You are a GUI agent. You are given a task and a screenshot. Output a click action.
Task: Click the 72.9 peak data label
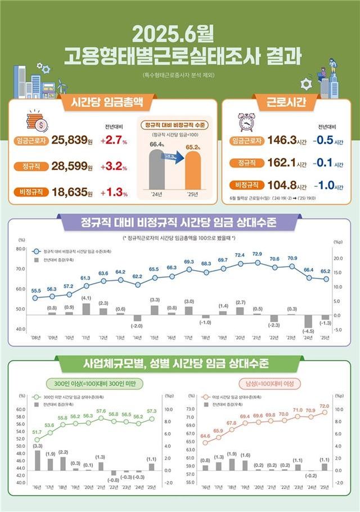point(258,254)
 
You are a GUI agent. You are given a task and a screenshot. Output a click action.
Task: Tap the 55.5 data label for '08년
point(36,290)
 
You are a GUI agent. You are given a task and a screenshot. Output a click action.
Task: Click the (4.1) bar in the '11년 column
point(86,309)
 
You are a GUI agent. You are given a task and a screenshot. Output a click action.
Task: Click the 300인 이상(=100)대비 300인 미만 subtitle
point(99,383)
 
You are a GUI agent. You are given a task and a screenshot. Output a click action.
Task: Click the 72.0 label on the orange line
point(325,405)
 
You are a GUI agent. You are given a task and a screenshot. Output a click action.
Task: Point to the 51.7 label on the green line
point(37,432)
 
